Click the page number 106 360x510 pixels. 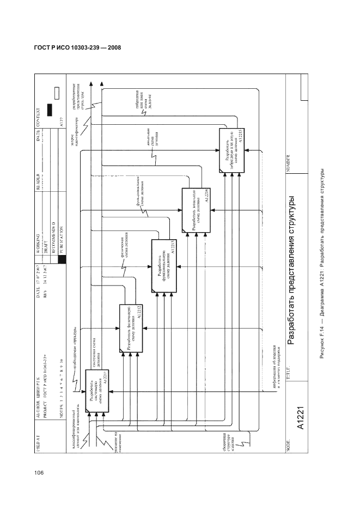point(38,472)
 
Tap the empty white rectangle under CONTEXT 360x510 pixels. point(56,92)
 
